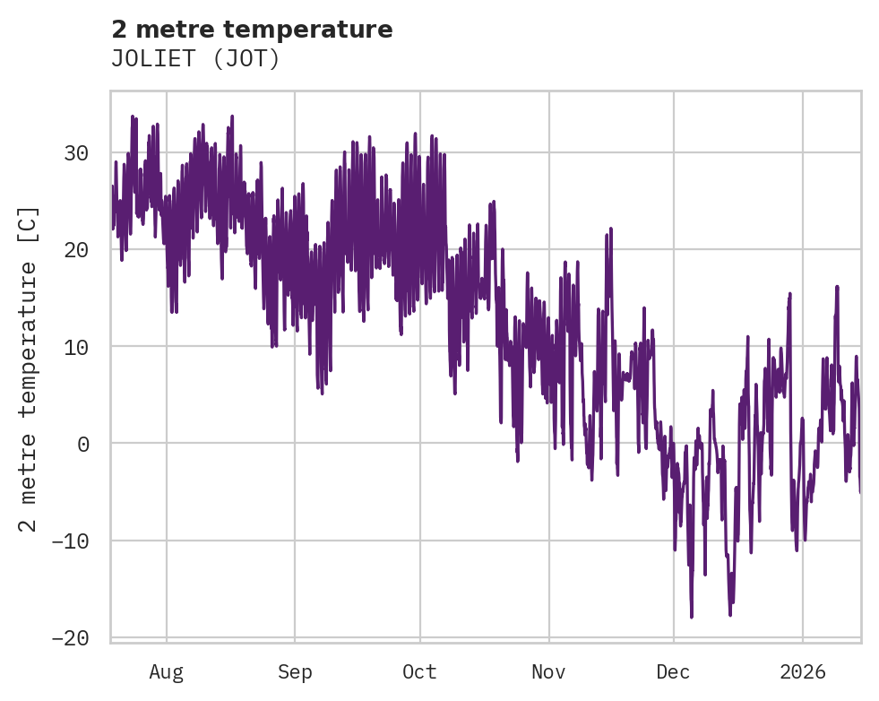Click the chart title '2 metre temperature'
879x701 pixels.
(252, 30)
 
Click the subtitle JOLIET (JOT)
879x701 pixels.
(195, 59)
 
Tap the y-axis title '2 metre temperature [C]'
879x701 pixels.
(29, 368)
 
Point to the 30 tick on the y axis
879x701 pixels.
(76, 153)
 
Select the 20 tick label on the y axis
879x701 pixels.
(76, 250)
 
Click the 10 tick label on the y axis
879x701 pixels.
(76, 347)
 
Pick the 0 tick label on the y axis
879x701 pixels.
(82, 444)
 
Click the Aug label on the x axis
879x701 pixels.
(167, 672)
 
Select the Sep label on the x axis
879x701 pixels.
(295, 672)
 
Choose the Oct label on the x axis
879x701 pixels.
(419, 672)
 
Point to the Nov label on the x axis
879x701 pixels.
(548, 672)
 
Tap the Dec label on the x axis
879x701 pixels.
(673, 672)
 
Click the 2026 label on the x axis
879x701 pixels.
(802, 672)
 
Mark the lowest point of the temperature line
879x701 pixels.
(692, 617)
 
